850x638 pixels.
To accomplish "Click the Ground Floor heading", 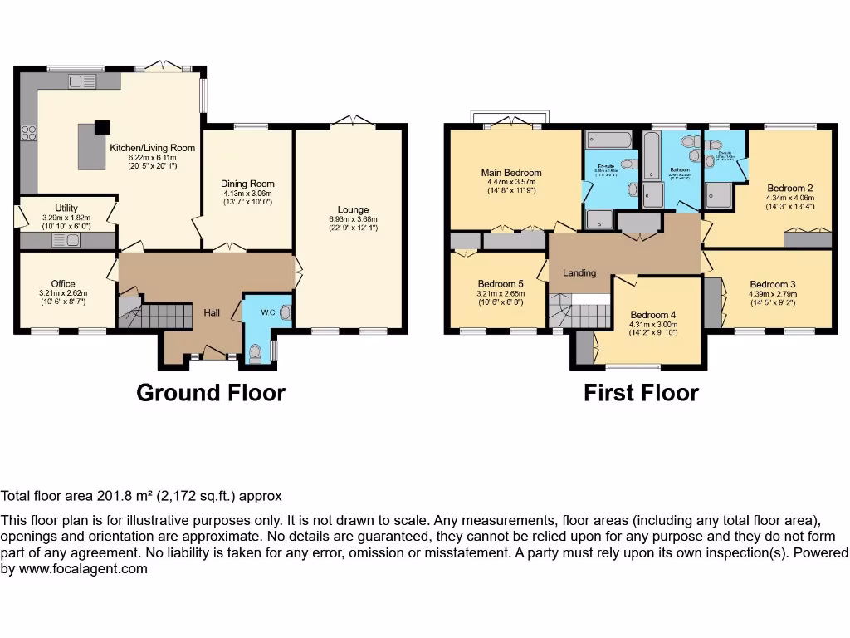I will (x=211, y=393).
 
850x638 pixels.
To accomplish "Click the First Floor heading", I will (x=641, y=393).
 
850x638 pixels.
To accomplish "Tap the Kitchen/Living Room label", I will (x=153, y=148).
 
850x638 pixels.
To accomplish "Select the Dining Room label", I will (x=247, y=184).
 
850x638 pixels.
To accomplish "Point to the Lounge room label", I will (x=353, y=210).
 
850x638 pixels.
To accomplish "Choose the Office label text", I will (x=63, y=284).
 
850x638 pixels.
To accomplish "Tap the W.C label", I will (x=267, y=313).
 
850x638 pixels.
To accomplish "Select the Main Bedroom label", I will (x=511, y=173).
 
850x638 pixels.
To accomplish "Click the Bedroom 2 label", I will (x=790, y=188).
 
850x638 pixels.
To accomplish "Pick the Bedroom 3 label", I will (x=772, y=284).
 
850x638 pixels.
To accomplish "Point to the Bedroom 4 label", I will (x=654, y=315).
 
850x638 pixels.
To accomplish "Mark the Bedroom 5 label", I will (x=500, y=283).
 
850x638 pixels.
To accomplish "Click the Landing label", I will (x=579, y=272).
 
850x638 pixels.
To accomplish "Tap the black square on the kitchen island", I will (x=101, y=127).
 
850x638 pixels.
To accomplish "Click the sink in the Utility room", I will (x=64, y=241).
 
